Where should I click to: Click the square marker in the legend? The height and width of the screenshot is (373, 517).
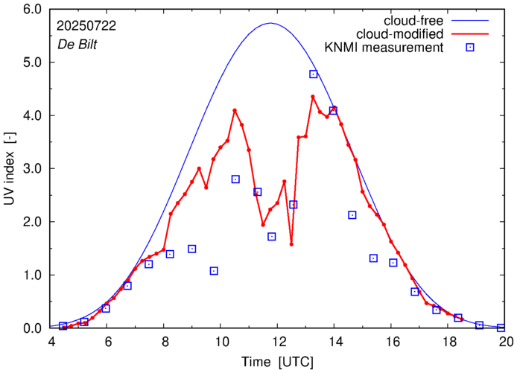[x=469, y=48]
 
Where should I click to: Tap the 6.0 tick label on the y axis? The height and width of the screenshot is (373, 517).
[x=32, y=10]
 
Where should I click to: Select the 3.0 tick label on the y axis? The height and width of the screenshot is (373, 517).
[x=32, y=169]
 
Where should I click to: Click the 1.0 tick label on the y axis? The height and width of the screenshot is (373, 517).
[x=32, y=275]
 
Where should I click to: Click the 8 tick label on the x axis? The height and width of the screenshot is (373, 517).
[x=165, y=342]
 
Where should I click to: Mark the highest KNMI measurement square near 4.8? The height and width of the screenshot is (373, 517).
[x=314, y=74]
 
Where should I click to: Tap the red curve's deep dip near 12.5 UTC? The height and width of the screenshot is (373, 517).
[x=291, y=244]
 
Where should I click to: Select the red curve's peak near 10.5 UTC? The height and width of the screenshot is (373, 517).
[x=235, y=110]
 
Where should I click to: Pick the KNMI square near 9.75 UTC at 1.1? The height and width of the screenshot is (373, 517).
[x=214, y=271]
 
